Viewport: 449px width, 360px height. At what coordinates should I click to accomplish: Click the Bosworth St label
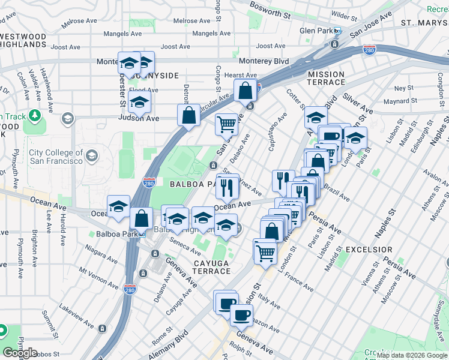(269, 12)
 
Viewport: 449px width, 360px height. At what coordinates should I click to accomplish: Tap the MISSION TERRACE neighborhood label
(326, 79)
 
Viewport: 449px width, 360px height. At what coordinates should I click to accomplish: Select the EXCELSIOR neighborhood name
(369, 249)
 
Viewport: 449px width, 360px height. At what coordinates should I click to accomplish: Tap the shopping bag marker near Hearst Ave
(245, 92)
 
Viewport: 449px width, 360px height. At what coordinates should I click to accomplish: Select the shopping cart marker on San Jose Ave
(226, 125)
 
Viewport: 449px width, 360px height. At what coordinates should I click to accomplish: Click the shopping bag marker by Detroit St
(188, 116)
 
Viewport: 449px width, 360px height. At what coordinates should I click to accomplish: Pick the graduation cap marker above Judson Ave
(139, 103)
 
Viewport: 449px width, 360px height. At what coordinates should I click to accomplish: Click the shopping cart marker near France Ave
(265, 251)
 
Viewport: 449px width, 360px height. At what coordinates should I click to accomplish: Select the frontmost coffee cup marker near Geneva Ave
(241, 314)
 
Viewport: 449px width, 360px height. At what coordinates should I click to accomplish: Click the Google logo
(20, 353)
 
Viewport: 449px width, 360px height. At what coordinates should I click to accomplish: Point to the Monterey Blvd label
(264, 61)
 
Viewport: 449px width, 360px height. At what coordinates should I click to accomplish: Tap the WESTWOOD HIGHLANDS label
(23, 41)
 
